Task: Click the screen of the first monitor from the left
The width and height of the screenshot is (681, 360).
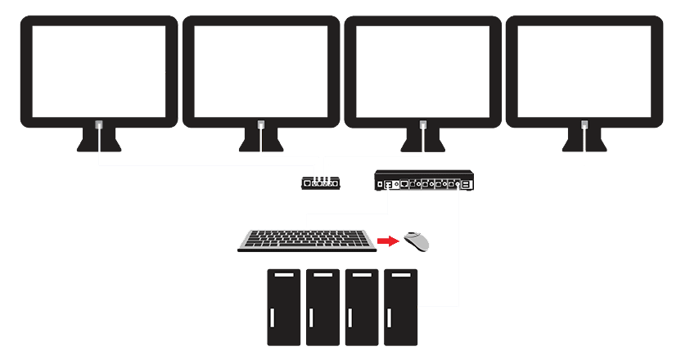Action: (x=98, y=70)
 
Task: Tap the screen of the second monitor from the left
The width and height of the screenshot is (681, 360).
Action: (x=260, y=70)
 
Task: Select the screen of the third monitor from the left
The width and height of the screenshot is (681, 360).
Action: (x=422, y=70)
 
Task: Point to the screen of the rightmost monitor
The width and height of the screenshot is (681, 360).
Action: (x=584, y=70)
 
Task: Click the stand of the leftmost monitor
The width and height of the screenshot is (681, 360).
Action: (x=98, y=141)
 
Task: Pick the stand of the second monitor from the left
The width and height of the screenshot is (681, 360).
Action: (x=260, y=141)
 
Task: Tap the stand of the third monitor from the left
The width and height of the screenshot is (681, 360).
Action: (x=422, y=141)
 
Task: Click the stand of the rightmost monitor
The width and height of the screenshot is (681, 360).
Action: (x=584, y=141)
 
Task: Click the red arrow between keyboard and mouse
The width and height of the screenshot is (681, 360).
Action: (x=388, y=241)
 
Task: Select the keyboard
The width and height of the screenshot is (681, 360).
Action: (x=307, y=241)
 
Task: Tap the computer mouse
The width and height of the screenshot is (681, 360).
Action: (x=417, y=241)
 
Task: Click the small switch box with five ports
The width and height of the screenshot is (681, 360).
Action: (x=321, y=183)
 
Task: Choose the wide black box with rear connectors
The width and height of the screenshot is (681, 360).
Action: (x=423, y=181)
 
